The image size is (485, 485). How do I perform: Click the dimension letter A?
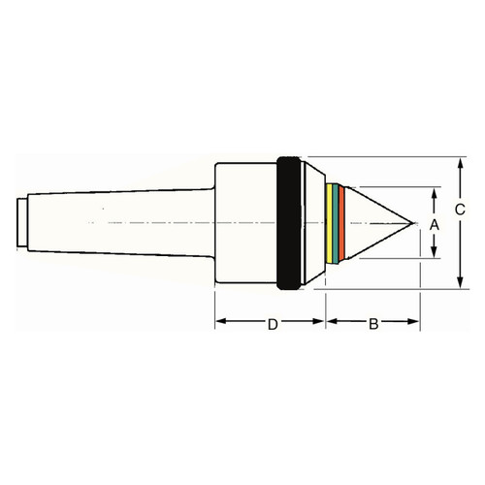(x=435, y=224)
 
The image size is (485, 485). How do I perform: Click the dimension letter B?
(x=373, y=324)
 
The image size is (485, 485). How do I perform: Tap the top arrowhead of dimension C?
(x=457, y=162)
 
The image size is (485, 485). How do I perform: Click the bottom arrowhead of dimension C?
(x=457, y=286)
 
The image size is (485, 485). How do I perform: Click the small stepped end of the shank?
(x=22, y=224)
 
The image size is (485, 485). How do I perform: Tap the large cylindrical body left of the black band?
(x=242, y=223)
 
